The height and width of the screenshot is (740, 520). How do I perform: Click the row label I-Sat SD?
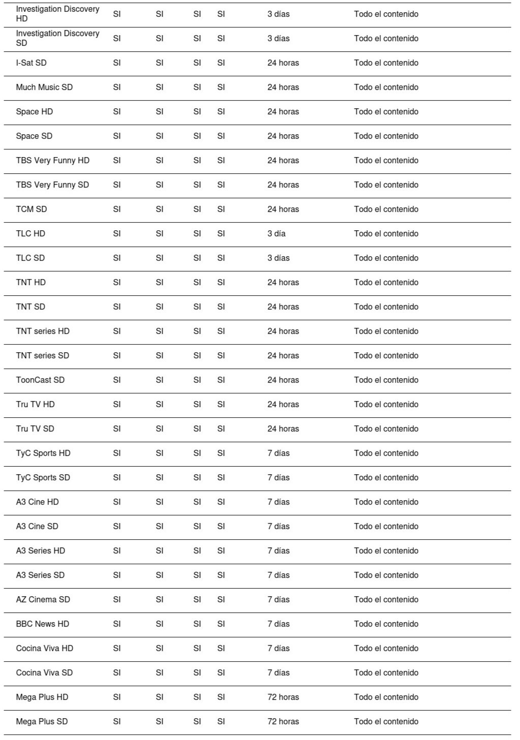[x=31, y=63]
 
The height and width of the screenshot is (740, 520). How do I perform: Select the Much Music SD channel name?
[x=44, y=87]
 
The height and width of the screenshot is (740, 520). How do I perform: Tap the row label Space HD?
[x=34, y=112]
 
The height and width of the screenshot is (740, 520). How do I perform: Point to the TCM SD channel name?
[x=31, y=209]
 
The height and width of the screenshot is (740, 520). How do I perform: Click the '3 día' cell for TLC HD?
[x=277, y=234]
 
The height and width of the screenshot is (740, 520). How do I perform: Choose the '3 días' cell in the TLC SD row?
[x=279, y=258]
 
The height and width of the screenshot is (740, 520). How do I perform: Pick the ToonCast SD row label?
[x=40, y=380]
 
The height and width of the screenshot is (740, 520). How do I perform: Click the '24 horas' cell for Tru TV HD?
[x=283, y=405]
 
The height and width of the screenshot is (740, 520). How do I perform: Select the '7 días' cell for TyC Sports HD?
[x=279, y=453]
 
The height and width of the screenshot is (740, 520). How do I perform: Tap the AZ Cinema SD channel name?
[x=43, y=600]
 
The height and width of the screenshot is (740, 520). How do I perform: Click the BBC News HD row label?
[x=42, y=624]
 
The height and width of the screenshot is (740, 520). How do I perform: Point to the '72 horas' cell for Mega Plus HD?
[x=283, y=697]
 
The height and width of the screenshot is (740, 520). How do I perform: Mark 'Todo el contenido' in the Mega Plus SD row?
[x=386, y=722]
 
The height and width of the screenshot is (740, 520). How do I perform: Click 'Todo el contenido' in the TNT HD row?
[x=386, y=283]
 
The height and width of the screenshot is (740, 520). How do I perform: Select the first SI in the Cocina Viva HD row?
[x=117, y=649]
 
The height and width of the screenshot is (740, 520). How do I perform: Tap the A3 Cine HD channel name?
[x=37, y=502]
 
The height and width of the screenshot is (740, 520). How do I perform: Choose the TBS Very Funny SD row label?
[x=52, y=185]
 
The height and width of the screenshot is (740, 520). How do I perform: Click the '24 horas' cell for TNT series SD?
[x=283, y=356]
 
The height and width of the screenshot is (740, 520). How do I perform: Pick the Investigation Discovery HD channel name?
[x=57, y=14]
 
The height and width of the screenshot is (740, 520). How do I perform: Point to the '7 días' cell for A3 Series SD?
[x=279, y=575]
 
